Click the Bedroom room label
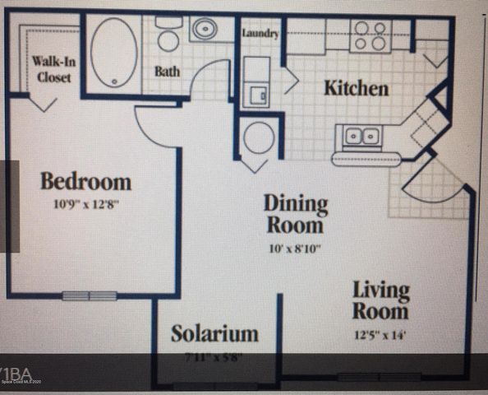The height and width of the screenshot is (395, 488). tap(86, 181)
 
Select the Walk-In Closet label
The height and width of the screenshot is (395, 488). tap(51, 69)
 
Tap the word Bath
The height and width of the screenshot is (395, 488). tap(168, 72)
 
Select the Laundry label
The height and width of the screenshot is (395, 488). tap(261, 34)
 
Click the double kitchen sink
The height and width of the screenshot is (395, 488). tap(361, 134)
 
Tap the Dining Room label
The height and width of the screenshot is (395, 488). tap(295, 213)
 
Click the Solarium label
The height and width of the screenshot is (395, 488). tap(214, 333)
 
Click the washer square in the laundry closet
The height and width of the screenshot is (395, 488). tap(256, 89)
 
